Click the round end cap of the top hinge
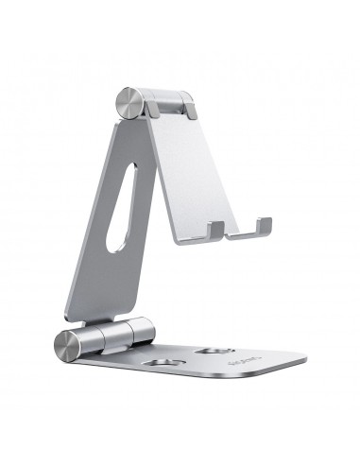click(129, 103)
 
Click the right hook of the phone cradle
click(263, 227)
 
